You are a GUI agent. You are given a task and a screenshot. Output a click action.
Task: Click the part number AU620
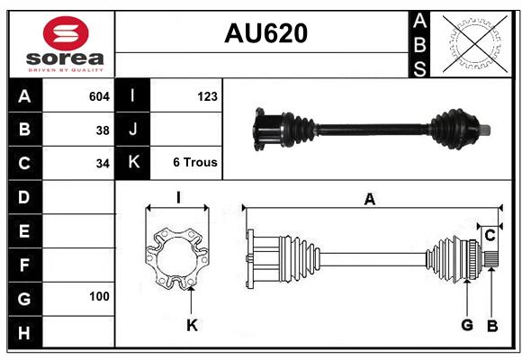point(265,33)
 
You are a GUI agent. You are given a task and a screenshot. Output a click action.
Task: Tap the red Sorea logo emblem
point(66,33)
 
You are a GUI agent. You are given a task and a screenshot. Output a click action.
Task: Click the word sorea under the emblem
point(65,58)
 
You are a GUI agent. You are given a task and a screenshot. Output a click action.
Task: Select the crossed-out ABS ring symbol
point(475,43)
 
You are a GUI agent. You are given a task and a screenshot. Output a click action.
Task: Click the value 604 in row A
point(99,96)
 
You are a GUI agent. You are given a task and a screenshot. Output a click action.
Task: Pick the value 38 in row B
point(103,130)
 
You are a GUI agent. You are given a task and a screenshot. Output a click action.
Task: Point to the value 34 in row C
point(103,164)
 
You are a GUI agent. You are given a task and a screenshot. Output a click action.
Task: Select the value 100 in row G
point(99,296)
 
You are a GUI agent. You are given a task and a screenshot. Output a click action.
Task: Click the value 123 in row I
point(207,96)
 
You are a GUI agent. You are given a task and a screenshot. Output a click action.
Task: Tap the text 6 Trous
point(195,162)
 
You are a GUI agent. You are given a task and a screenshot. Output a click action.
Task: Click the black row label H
point(25,332)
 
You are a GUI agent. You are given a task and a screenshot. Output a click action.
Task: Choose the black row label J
point(132,130)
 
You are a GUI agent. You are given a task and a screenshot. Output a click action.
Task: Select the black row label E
point(25,230)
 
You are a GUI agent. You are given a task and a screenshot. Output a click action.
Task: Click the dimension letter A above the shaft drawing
point(370,200)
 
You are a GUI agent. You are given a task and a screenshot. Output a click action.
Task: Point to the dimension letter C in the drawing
point(490,236)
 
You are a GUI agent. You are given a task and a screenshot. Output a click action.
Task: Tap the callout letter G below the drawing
point(467,325)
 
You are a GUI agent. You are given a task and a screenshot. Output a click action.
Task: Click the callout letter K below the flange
point(192,325)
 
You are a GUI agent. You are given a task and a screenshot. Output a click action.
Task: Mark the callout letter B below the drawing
point(492,326)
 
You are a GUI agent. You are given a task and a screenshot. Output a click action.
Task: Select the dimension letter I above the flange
point(178,197)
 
